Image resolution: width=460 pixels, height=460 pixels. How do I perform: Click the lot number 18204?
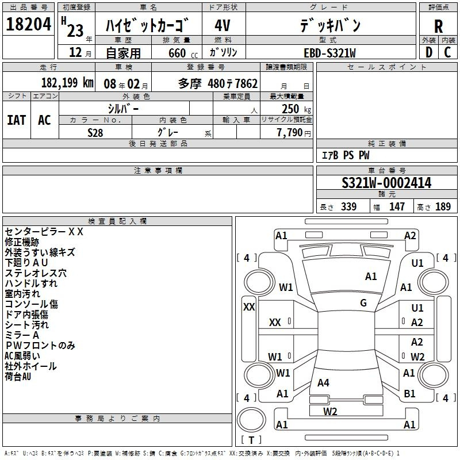[x=28, y=24]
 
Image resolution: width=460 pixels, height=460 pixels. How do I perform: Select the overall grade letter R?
[x=438, y=26]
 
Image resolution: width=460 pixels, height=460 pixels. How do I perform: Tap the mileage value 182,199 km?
[x=67, y=83]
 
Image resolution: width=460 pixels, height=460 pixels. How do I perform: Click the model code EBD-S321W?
[x=329, y=53]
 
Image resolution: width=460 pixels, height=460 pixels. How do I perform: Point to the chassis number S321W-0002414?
[x=386, y=183]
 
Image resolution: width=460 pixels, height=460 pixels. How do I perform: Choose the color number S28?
[x=95, y=133]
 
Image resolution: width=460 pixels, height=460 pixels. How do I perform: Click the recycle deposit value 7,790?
[x=290, y=133]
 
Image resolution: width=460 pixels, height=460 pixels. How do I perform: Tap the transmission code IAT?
[x=17, y=120]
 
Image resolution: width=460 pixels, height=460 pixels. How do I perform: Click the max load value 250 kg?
[x=296, y=109]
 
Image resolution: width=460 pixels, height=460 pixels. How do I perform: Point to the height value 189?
[x=443, y=206]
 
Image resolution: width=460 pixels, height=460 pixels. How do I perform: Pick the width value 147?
[x=397, y=206]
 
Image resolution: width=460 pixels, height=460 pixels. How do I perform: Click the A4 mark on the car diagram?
[x=323, y=382]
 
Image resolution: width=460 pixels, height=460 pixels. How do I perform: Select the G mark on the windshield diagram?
[x=363, y=303]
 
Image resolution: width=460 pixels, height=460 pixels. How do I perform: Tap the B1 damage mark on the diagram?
[x=409, y=393]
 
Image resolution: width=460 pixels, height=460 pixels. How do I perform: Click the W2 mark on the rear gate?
[x=330, y=411]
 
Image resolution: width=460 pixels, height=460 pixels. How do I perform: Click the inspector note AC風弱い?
[x=22, y=356]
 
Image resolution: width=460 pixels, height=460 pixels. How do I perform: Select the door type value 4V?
[x=223, y=25]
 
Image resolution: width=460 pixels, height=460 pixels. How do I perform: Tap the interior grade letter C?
[x=447, y=52]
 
